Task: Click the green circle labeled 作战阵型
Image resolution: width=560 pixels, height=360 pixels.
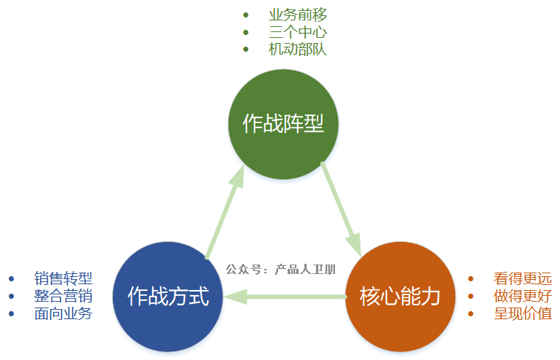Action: [x=283, y=124]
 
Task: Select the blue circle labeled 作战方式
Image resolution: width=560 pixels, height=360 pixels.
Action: [x=168, y=297]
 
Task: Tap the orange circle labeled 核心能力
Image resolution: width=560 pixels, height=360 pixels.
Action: [x=401, y=297]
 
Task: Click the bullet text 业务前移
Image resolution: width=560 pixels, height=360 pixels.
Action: [x=298, y=15]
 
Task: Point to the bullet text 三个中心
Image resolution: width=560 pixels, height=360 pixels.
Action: [x=298, y=32]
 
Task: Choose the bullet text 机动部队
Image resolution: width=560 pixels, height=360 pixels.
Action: [x=298, y=50]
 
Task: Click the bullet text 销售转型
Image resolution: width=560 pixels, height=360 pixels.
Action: [x=63, y=278]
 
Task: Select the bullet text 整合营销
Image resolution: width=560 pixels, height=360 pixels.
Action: [x=63, y=296]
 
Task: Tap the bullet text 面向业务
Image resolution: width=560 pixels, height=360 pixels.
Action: [x=63, y=313]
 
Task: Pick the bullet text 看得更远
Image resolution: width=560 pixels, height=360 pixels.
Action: [x=523, y=278]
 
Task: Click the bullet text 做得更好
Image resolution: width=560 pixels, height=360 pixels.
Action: [x=523, y=296]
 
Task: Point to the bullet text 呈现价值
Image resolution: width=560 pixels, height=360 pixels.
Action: [x=523, y=313]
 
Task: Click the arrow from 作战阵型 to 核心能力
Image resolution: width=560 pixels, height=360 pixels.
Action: [x=342, y=210]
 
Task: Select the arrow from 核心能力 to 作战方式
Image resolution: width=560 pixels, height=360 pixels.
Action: [x=285, y=297]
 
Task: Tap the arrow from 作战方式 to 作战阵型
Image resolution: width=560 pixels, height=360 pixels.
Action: [x=225, y=211]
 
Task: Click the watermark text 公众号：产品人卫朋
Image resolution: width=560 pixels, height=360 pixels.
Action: [x=280, y=269]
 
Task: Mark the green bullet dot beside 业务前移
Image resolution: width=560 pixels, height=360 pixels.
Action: [x=245, y=15]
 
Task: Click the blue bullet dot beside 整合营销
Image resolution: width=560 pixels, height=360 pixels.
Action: [x=12, y=297]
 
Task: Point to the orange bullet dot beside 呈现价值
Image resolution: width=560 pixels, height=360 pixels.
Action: [x=470, y=314]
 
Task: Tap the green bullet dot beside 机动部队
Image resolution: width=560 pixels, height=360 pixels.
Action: [x=245, y=50]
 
